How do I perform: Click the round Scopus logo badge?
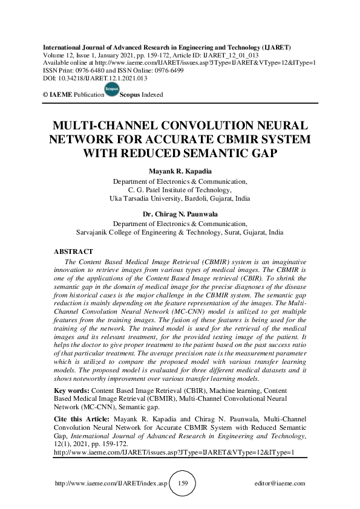pos(112,89)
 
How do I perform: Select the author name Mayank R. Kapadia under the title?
pos(180,172)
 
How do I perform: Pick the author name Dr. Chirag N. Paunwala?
pos(180,213)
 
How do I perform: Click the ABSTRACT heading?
pos(73,251)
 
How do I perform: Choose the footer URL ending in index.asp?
pos(110,484)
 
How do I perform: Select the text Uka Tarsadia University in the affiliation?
pos(146,198)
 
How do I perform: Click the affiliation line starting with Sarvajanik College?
pos(180,231)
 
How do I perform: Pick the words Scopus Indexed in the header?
pos(142,95)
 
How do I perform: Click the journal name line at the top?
pos(166,47)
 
